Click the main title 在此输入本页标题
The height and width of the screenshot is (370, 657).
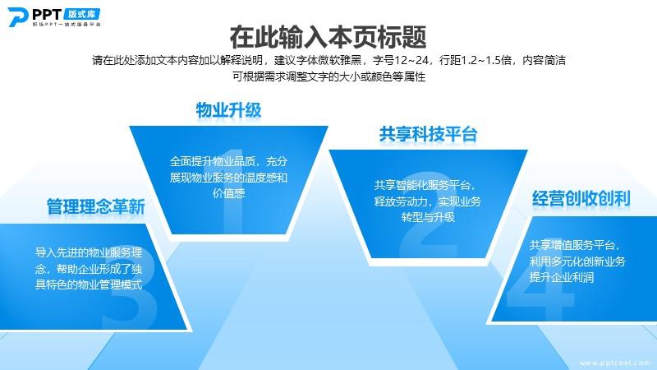pyautogui.click(x=328, y=37)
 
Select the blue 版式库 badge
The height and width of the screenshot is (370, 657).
pyautogui.click(x=82, y=14)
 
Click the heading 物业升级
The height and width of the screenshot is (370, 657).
pyautogui.click(x=229, y=110)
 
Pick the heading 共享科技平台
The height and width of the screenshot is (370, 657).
pyautogui.click(x=428, y=134)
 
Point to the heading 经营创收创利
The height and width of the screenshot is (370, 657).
pyautogui.click(x=581, y=198)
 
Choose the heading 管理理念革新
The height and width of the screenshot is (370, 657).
pyautogui.click(x=96, y=206)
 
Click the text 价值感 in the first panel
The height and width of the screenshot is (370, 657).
pyautogui.click(x=229, y=193)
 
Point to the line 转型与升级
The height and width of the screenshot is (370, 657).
pyautogui.click(x=428, y=217)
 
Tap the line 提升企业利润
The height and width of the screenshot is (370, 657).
pyautogui.click(x=562, y=277)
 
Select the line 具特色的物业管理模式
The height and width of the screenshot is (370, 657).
pyautogui.click(x=89, y=284)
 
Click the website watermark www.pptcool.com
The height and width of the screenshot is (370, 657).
pyautogui.click(x=615, y=363)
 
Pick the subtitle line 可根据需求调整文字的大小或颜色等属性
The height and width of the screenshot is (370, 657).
pyautogui.click(x=329, y=76)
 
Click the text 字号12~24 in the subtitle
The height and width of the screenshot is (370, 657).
pyautogui.click(x=401, y=60)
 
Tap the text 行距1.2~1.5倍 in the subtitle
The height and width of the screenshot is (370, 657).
pyautogui.click(x=476, y=60)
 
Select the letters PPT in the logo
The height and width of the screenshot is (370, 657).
pyautogui.click(x=47, y=14)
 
